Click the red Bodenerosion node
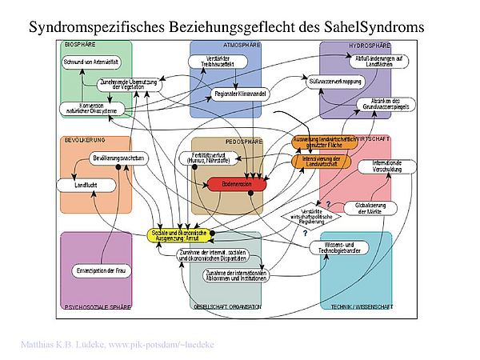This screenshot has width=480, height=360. click(x=236, y=185)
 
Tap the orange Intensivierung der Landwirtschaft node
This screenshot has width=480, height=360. click(x=321, y=161)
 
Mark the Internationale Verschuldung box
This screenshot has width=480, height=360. click(x=386, y=166)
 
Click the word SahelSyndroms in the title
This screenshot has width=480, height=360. click(x=376, y=27)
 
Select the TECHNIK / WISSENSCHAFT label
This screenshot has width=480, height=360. click(x=360, y=306)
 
